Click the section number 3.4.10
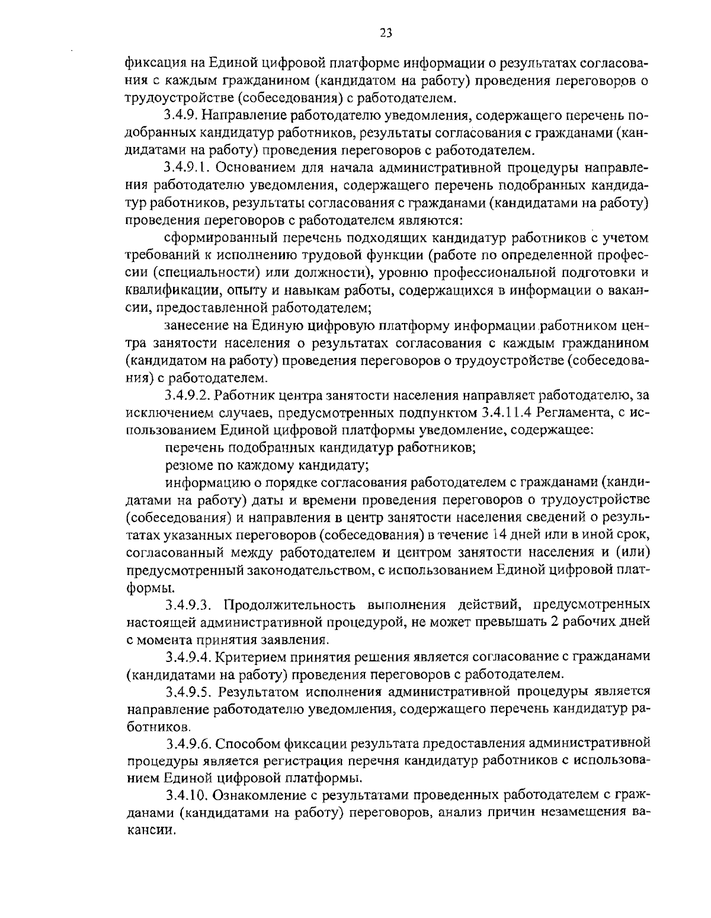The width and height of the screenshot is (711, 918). [185, 795]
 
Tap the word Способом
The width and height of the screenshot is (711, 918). [248, 743]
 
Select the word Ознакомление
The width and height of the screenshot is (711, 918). [260, 795]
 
